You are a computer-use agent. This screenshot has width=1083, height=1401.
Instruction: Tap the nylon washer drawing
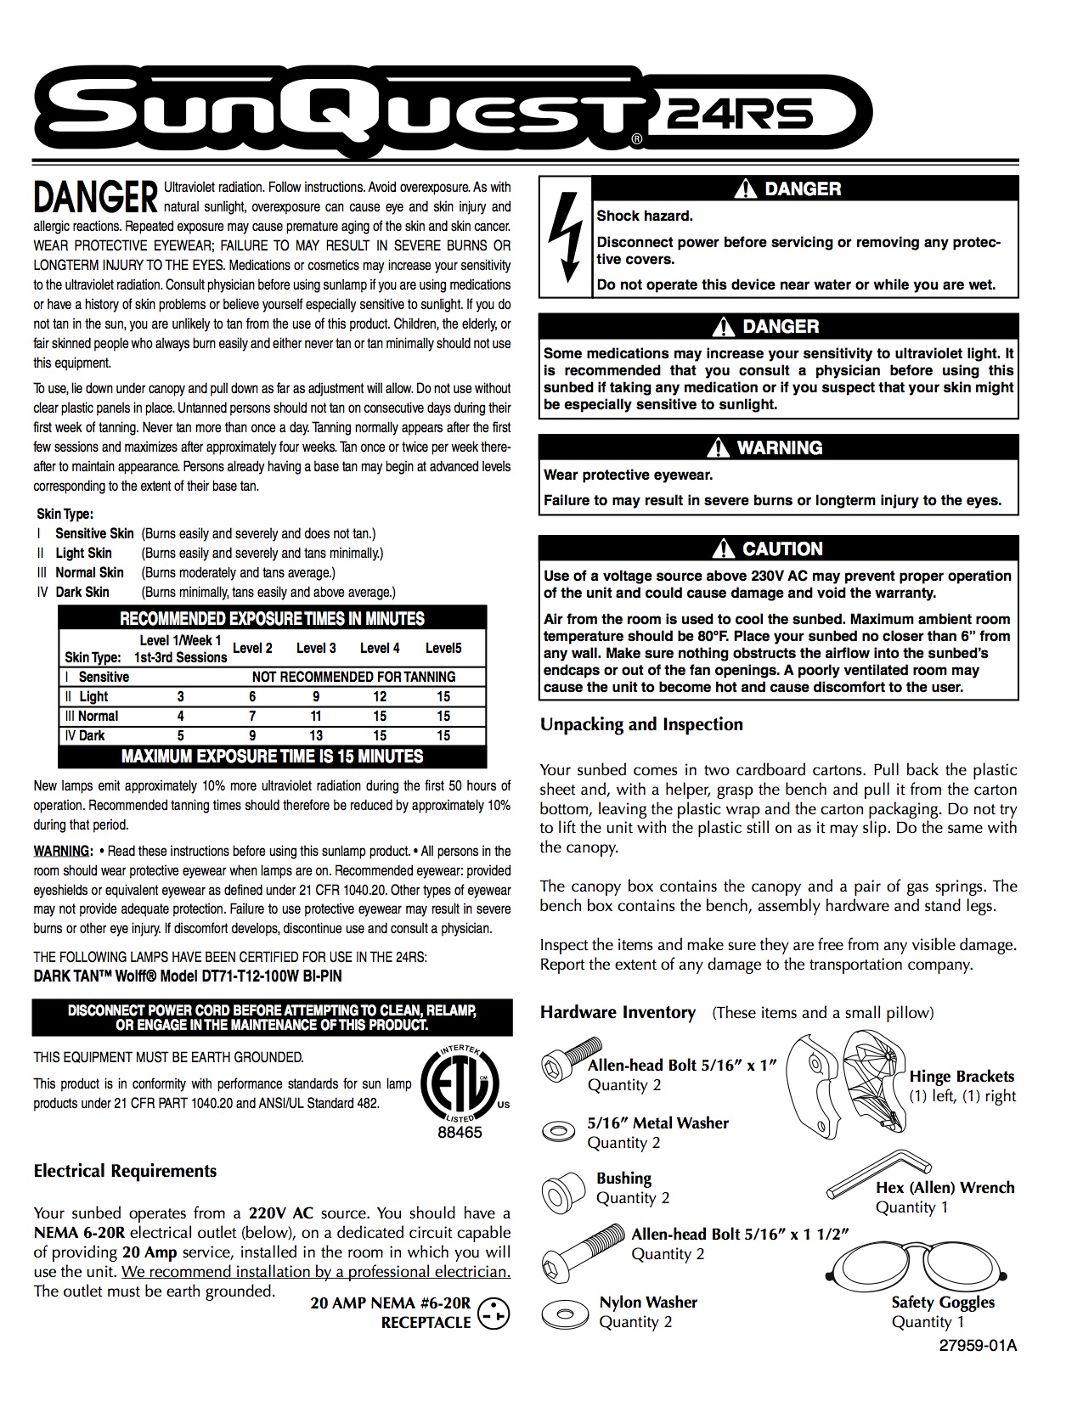tap(564, 1314)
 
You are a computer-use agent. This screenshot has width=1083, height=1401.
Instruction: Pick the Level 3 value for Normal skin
tap(316, 716)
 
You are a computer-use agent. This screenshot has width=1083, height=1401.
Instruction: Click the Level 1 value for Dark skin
tap(180, 735)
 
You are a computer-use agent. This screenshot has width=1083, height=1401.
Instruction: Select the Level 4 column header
tap(380, 648)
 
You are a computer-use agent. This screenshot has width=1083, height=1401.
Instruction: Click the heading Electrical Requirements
tap(125, 1171)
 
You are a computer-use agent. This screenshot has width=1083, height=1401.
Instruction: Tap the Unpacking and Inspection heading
tap(641, 724)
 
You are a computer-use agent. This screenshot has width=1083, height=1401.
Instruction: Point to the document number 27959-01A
tap(978, 1346)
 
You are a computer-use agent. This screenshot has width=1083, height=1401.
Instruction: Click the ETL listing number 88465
tap(459, 1133)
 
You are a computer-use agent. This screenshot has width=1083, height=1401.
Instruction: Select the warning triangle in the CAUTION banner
tap(724, 549)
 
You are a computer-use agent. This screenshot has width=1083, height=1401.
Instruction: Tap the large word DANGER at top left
tap(95, 197)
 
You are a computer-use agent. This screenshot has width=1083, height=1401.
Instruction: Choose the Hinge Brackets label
tap(962, 1077)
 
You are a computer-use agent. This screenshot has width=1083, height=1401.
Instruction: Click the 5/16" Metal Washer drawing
tap(557, 1131)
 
